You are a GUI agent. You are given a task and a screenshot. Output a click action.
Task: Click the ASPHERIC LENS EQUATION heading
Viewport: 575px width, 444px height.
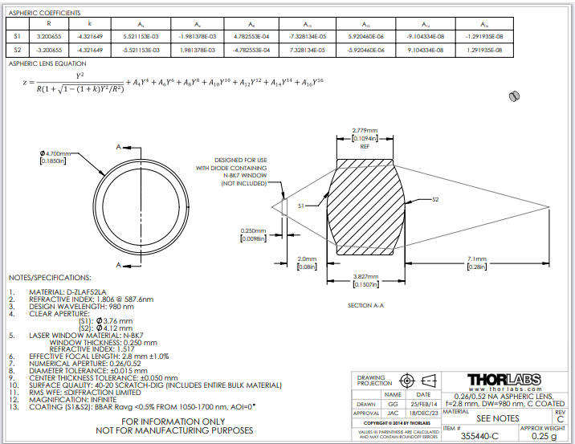click(47, 63)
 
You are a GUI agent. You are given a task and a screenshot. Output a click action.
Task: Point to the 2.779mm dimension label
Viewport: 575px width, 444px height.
click(365, 129)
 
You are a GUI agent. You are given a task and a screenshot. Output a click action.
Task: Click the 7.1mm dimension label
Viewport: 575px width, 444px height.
click(477, 259)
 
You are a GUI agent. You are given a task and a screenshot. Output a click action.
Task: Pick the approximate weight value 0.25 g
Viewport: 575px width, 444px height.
click(544, 436)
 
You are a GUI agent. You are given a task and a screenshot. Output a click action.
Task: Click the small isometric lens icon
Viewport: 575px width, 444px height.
click(513, 96)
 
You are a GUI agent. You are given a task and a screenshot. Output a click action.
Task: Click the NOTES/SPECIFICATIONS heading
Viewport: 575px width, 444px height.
click(50, 277)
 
